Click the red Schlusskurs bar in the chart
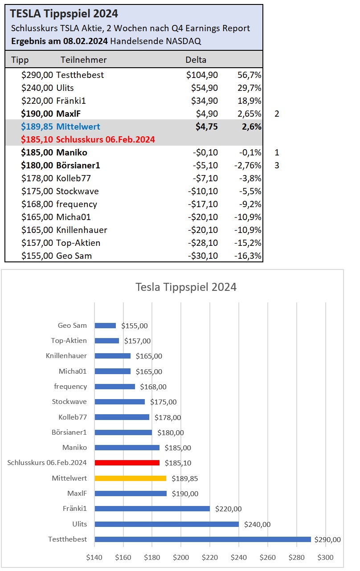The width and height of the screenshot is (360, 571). (x=127, y=463)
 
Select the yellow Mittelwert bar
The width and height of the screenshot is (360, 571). (x=130, y=478)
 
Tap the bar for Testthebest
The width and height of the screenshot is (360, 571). (x=203, y=539)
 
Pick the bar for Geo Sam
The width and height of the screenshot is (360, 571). (x=105, y=326)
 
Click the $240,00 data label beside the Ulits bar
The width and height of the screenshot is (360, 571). (x=258, y=524)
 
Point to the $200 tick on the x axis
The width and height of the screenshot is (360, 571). (x=181, y=557)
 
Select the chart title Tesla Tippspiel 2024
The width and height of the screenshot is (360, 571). (x=186, y=287)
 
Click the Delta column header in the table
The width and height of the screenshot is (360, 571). (x=196, y=60)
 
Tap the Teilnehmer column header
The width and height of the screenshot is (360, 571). (x=84, y=60)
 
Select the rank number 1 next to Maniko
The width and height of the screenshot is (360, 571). (x=277, y=152)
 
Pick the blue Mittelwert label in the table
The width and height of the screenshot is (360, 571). (x=78, y=126)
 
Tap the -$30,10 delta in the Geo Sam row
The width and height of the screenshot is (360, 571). (x=203, y=256)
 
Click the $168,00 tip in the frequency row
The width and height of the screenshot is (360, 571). (x=37, y=204)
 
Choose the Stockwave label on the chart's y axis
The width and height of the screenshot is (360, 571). (x=70, y=402)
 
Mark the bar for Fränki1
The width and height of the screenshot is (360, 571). (x=152, y=509)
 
